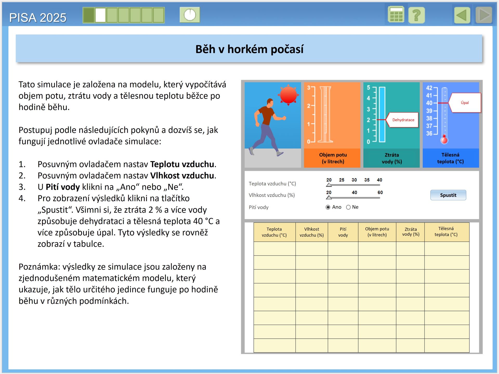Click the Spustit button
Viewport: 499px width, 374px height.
tap(448, 195)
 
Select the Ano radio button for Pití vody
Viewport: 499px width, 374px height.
tap(328, 207)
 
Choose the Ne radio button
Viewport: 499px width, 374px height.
tap(348, 207)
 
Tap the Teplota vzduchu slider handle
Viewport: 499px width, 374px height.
tap(329, 185)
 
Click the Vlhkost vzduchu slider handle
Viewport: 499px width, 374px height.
tap(329, 198)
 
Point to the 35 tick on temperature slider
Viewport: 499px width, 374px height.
tap(367, 180)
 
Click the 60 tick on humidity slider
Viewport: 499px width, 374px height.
tap(380, 192)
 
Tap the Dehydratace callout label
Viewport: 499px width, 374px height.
tap(403, 120)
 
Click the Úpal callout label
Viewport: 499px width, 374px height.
tap(465, 103)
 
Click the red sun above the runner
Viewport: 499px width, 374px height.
tap(288, 95)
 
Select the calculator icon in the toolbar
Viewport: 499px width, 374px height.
tap(396, 15)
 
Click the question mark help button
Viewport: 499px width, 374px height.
tap(417, 15)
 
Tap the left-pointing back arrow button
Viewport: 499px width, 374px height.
tap(462, 15)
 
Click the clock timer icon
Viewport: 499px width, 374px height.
tap(190, 15)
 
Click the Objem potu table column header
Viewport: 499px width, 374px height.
tap(377, 232)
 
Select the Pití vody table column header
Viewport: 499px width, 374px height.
tap(343, 232)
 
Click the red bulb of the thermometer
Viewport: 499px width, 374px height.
tap(444, 140)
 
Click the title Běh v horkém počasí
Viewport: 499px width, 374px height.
tap(249, 49)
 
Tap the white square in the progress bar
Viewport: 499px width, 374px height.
tap(100, 15)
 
